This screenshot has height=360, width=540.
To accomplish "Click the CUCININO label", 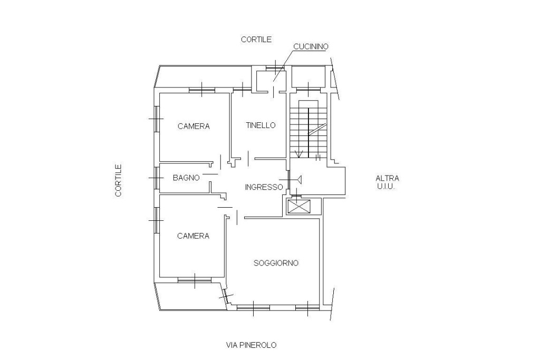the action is tap(311, 46).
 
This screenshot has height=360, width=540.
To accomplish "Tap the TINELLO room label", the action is tap(261, 125).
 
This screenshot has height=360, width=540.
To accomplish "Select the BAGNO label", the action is tap(186, 178).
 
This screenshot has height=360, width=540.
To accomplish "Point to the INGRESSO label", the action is tap(264, 187).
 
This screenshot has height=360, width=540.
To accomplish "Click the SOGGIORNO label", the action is tap(276, 263).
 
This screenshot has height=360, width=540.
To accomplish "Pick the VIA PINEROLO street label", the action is tap(252, 345).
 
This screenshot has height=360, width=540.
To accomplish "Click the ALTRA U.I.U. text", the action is tap(387, 182).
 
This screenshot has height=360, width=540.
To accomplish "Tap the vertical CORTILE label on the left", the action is tap(119, 180).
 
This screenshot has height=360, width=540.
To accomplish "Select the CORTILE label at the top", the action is tap(256, 40).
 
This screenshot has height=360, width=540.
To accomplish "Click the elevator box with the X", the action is tap(298, 207).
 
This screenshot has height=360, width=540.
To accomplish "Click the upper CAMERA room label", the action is tap(194, 127).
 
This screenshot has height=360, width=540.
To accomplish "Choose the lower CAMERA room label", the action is tap(193, 236).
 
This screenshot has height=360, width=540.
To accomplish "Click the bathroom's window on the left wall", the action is tap(156, 178).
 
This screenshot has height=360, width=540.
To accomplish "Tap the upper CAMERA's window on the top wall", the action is tap(202, 90).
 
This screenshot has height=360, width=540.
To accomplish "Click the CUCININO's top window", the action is tap(275, 67).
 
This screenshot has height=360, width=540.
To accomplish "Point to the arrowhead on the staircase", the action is tap(299, 154).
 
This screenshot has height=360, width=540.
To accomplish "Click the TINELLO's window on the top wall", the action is tap(243, 90).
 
